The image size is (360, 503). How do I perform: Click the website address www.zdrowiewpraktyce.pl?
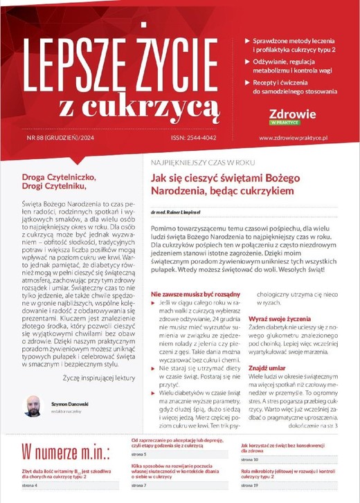[x=298, y=138]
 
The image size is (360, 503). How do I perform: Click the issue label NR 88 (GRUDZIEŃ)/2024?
[x=64, y=138]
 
